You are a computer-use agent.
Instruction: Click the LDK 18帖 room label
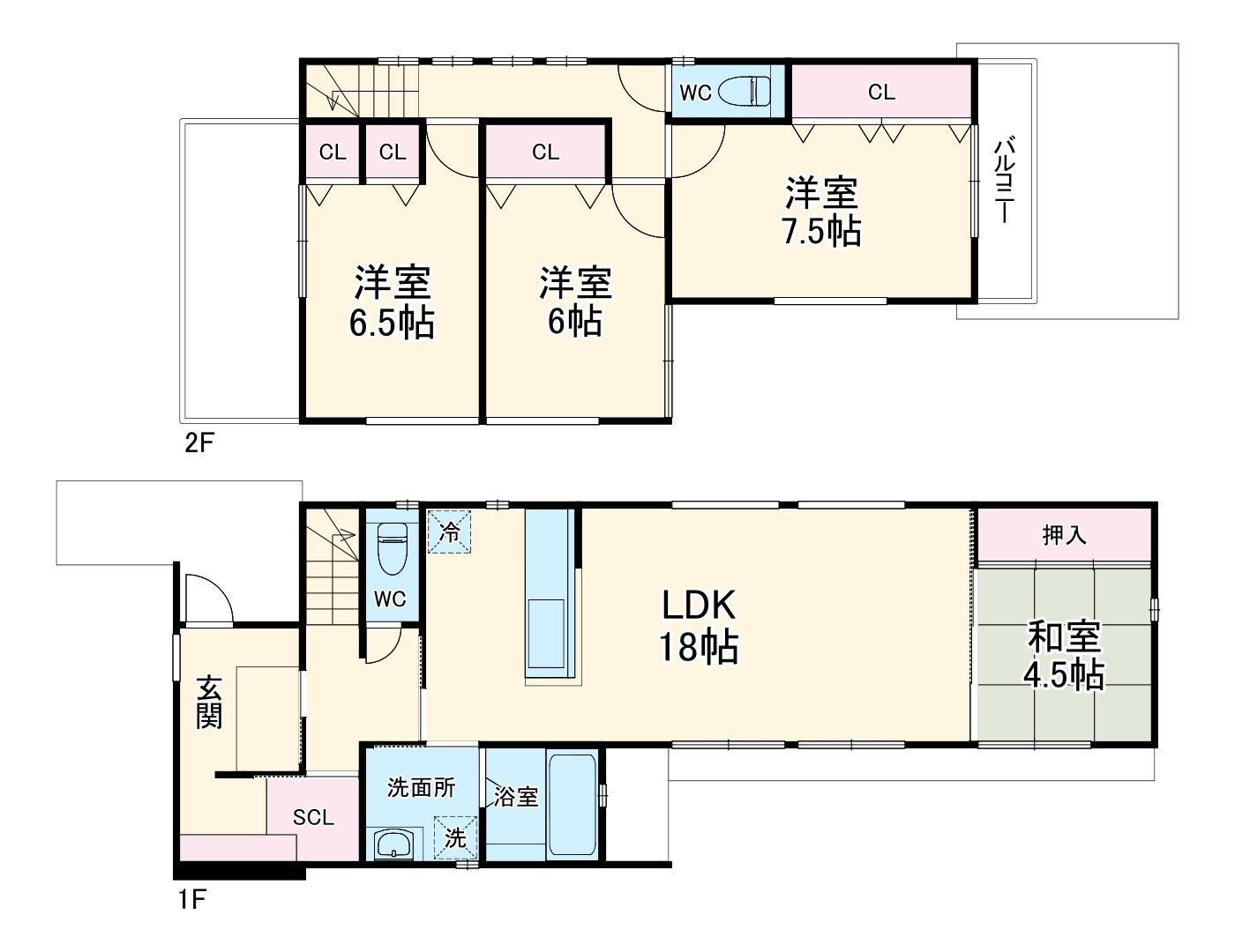(x=699, y=627)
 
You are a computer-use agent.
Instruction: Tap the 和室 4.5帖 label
(x=1064, y=656)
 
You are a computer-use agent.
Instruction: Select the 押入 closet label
(x=1064, y=535)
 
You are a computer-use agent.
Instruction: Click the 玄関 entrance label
(x=209, y=702)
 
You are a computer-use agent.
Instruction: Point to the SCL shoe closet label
(x=313, y=817)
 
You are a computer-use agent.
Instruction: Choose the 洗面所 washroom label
(x=421, y=788)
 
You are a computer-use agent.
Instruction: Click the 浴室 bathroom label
(x=515, y=797)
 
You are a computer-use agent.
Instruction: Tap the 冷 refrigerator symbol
(x=449, y=532)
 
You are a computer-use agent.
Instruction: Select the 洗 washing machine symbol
(x=456, y=838)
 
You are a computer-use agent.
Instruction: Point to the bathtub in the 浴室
(x=573, y=805)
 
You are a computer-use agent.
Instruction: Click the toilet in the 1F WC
(x=393, y=548)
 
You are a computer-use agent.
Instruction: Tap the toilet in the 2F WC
(x=744, y=91)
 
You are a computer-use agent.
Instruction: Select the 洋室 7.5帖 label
(x=822, y=212)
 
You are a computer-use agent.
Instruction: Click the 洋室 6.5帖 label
(x=392, y=302)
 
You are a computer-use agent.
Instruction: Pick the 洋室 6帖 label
(x=574, y=301)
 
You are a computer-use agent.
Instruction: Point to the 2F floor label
(x=198, y=443)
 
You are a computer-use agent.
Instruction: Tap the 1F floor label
(x=192, y=900)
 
